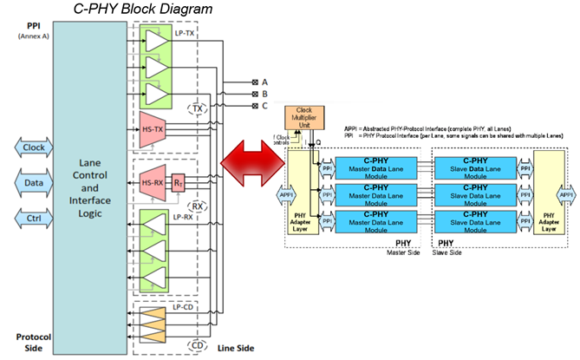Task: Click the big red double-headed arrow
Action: pos(252,163)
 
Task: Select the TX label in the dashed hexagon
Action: pos(197,109)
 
